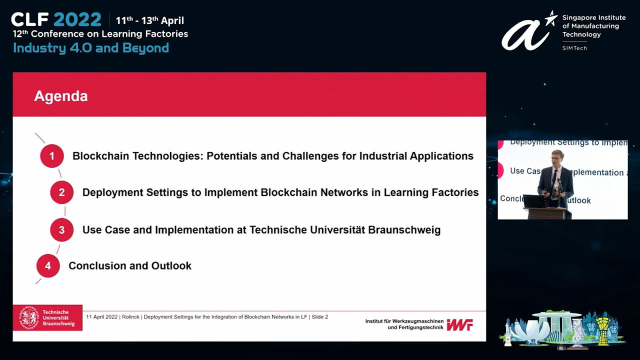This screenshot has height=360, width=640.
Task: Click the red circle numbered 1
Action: (52, 156)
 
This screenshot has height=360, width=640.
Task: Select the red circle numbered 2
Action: (61, 192)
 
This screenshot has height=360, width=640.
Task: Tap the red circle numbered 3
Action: (61, 229)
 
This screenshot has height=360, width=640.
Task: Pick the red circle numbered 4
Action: (48, 265)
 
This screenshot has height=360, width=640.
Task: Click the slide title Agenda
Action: (61, 96)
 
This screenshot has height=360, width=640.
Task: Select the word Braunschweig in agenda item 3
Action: (404, 229)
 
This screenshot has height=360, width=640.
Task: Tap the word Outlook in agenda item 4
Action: (171, 265)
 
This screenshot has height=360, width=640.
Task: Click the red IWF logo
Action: (459, 325)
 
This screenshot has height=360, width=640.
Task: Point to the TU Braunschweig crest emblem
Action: (29, 317)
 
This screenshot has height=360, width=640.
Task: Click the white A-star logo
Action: (529, 32)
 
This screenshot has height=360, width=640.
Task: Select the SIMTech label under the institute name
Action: (574, 48)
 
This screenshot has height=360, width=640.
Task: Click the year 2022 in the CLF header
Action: (77, 19)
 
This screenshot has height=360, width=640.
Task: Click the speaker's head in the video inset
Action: (557, 157)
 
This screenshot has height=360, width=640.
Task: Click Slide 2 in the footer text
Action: (319, 317)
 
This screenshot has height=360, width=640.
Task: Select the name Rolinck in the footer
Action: (130, 317)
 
